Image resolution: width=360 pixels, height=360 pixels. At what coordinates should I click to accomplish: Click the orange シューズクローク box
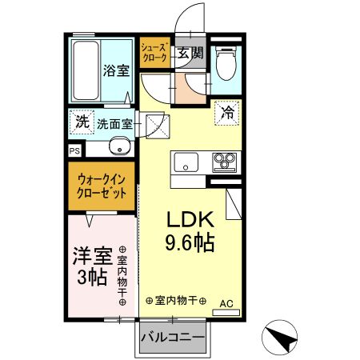coord(154,54)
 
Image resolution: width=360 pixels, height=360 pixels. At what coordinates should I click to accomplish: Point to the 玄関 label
coord(190,54)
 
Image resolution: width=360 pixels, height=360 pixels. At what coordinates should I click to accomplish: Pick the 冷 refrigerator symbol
coord(228,113)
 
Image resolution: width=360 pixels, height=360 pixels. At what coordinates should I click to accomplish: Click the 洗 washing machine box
coord(82,123)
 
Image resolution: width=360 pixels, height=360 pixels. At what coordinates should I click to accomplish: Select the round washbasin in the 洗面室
coord(118,147)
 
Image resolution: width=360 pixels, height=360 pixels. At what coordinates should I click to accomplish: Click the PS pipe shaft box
coord(74,150)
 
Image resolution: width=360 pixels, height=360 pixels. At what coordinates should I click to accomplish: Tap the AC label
coord(226,302)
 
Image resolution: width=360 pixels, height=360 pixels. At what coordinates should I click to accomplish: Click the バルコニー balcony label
coord(173,337)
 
